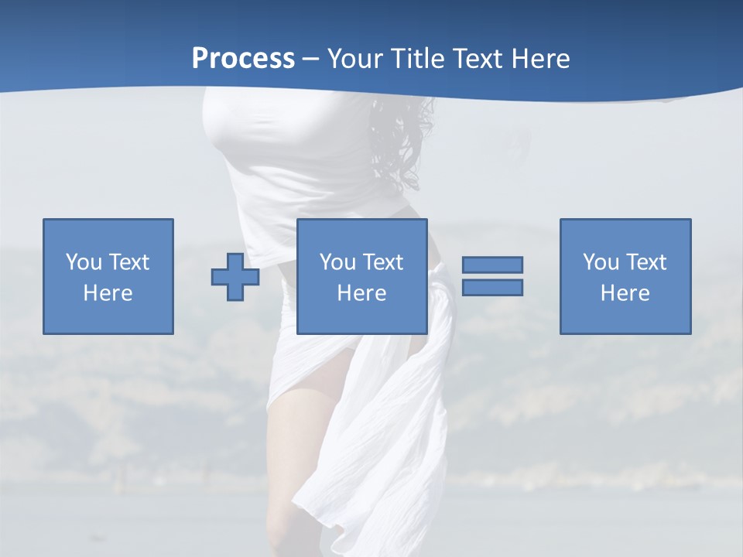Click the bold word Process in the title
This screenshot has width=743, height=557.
[x=243, y=59]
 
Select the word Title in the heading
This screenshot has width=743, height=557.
[x=419, y=59]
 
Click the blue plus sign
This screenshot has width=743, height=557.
[x=235, y=277]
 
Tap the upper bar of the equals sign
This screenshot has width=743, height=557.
[x=492, y=265]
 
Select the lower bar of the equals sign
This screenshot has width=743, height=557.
[x=492, y=287]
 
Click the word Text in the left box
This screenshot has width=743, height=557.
[x=128, y=262]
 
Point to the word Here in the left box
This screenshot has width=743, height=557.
[x=108, y=293]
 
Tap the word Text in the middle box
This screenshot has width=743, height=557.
[x=382, y=262]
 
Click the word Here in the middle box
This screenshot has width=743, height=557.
[x=361, y=293]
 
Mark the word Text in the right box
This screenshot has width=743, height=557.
[x=645, y=262]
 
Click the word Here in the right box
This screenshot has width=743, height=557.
[x=625, y=293]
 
